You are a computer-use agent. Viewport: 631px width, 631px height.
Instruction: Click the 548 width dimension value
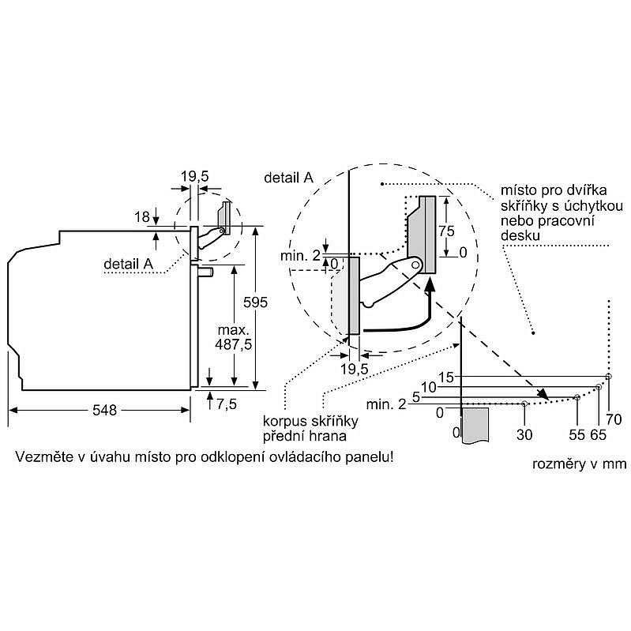coord(105,410)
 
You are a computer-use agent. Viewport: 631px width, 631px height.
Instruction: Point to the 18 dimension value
coord(142,216)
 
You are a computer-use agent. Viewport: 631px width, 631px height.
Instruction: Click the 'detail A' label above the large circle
coord(288,177)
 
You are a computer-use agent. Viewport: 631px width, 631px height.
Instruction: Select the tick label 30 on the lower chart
coord(525,434)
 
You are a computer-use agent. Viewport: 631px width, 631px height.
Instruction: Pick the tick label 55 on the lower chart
coord(578,434)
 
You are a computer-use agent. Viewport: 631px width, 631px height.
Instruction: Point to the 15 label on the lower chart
coord(446,377)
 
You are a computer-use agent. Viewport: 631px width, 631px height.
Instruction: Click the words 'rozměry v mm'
coord(580,464)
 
